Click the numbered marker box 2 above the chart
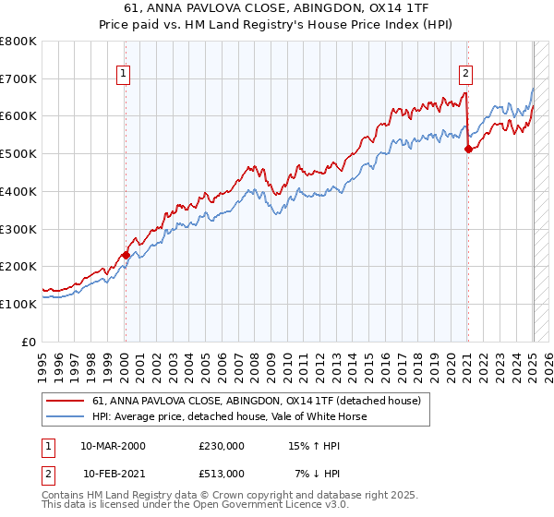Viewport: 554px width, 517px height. point(466,75)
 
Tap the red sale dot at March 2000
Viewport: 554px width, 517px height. point(126,255)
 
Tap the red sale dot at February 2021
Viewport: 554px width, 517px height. point(468,149)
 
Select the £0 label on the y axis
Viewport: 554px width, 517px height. point(29,342)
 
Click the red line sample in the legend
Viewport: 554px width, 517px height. point(66,401)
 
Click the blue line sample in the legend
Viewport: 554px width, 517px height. point(66,416)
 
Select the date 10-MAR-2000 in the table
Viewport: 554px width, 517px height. point(113,446)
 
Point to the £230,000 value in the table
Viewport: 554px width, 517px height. point(222,446)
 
